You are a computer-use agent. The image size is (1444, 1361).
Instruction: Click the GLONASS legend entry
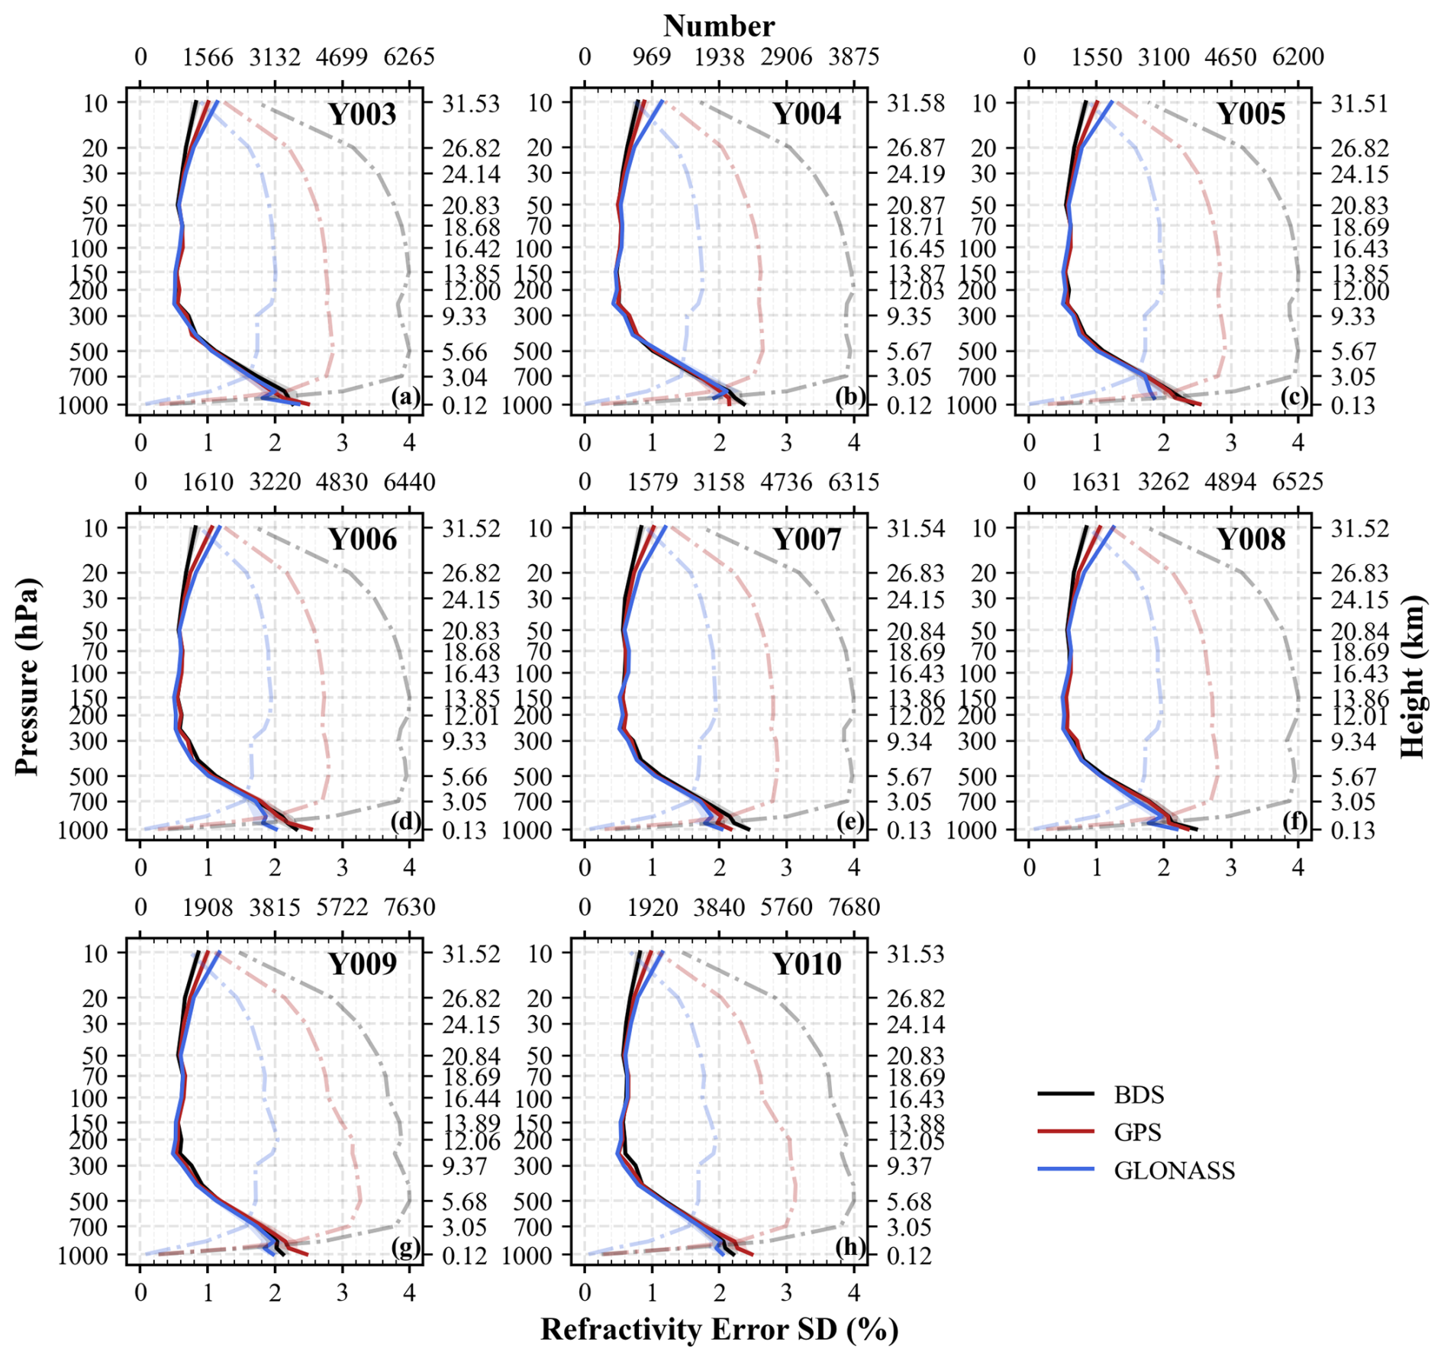(1174, 1170)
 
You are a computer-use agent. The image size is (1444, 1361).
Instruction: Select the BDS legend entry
(1139, 1095)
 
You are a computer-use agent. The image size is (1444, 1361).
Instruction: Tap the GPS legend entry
(1137, 1132)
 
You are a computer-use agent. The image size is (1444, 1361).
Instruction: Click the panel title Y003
(363, 114)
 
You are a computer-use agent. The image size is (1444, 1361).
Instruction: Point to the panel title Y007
(807, 540)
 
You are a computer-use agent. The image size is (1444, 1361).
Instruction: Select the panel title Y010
(807, 964)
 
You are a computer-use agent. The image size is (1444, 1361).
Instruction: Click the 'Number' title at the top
(719, 26)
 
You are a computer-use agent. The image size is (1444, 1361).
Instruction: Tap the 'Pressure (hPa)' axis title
(27, 677)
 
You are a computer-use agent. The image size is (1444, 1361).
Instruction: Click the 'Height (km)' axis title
(1413, 677)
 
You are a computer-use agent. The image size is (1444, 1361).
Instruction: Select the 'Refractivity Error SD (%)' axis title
(719, 1329)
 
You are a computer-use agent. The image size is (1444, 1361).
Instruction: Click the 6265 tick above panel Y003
(409, 57)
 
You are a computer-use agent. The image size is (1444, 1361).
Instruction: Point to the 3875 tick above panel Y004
(854, 57)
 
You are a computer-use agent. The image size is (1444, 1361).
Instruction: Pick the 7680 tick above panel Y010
(854, 908)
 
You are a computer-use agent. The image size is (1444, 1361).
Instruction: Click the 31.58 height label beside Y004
(916, 102)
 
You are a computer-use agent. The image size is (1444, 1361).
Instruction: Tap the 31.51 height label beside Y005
(1360, 102)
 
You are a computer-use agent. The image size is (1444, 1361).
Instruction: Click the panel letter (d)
(405, 821)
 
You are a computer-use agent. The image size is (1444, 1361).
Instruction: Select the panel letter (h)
(849, 1247)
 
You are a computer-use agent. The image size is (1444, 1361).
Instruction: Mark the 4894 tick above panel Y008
(1230, 482)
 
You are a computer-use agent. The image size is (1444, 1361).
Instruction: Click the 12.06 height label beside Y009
(472, 1142)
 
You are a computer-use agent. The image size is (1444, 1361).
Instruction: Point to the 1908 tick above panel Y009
(208, 908)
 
